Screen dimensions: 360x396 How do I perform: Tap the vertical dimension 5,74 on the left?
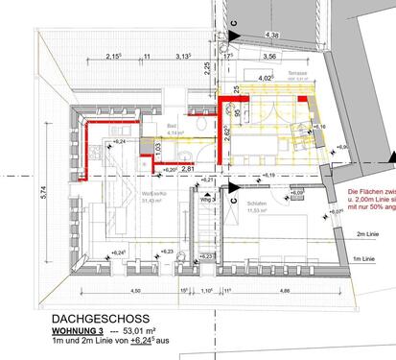[x=16, y=192]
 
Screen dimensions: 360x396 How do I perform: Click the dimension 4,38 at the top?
[x=271, y=36]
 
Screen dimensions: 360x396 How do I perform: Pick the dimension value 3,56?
[x=269, y=57]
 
